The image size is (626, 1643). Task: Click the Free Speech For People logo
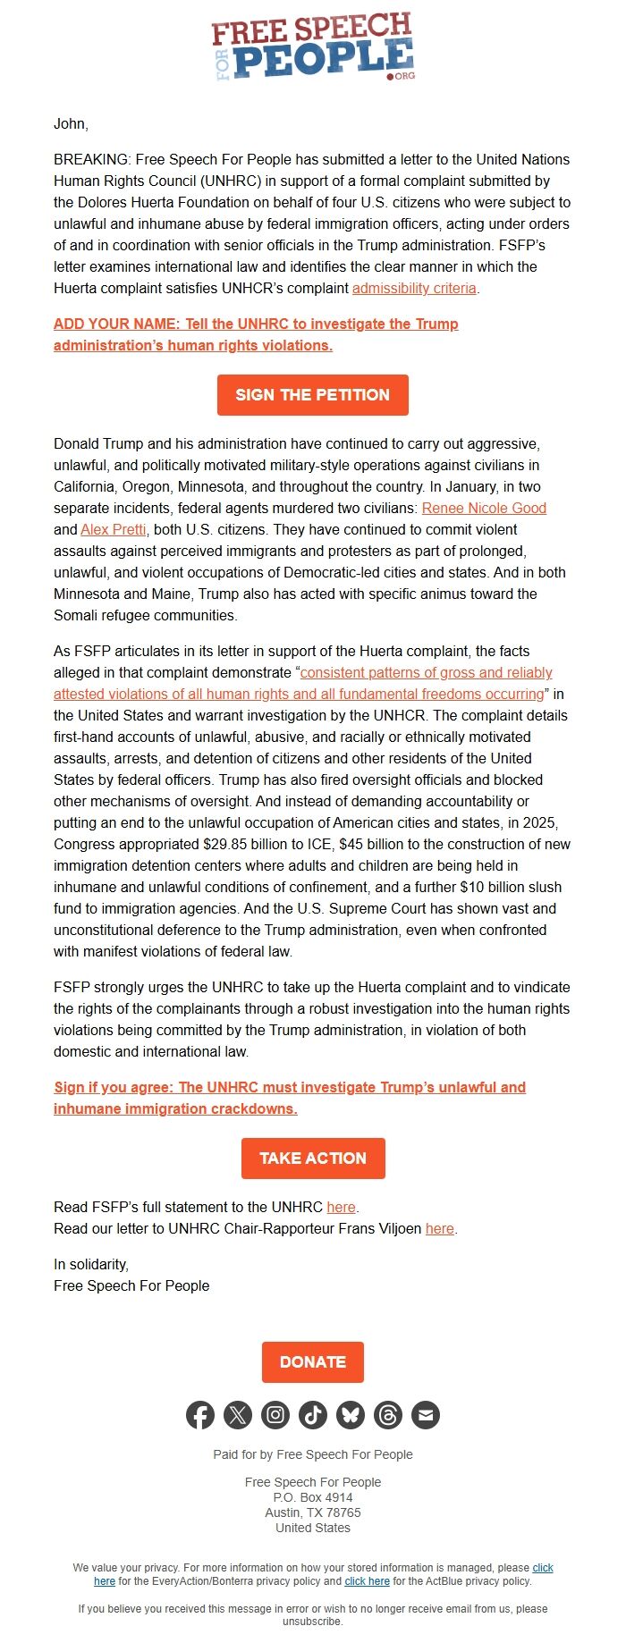point(313,46)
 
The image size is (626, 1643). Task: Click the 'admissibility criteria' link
point(414,288)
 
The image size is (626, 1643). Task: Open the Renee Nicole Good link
point(484,508)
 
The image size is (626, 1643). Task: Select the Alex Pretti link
point(114,529)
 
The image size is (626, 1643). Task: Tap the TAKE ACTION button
point(313,1158)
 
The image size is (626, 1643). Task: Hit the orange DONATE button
point(313,1361)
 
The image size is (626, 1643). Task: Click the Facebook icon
point(200,1415)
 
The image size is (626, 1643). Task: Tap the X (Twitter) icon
point(238,1415)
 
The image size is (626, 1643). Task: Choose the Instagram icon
point(275,1415)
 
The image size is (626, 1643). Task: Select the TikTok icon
point(313,1415)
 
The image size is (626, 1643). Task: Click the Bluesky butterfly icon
point(351,1415)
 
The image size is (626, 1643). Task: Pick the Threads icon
point(388,1415)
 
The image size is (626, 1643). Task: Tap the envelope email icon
point(426,1415)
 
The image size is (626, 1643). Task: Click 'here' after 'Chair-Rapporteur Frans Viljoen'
point(439,1228)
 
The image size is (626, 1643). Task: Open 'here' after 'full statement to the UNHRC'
point(341,1207)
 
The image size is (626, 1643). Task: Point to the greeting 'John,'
point(71,123)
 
